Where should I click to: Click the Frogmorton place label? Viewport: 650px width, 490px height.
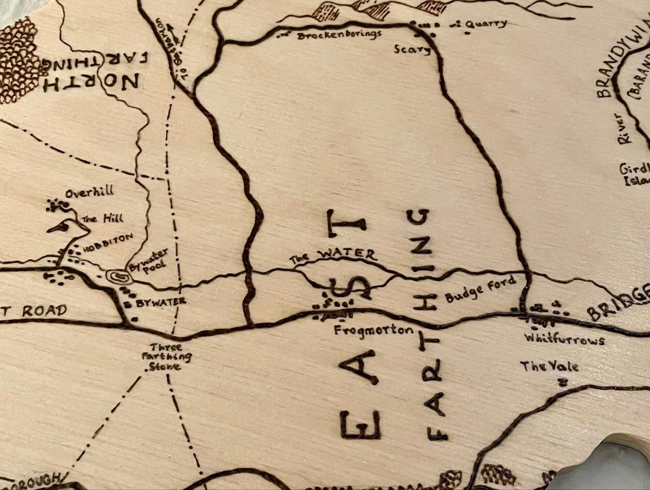point(373,330)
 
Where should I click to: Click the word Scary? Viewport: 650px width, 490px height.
point(412,49)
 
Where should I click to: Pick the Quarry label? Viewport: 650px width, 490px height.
point(487,24)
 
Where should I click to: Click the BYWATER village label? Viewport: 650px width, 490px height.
point(160,302)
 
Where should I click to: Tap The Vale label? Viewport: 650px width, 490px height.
point(549,366)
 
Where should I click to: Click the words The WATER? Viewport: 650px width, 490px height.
point(333,256)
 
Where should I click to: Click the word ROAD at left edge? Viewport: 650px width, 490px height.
point(44,311)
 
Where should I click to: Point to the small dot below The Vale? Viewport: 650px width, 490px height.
point(562,383)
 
